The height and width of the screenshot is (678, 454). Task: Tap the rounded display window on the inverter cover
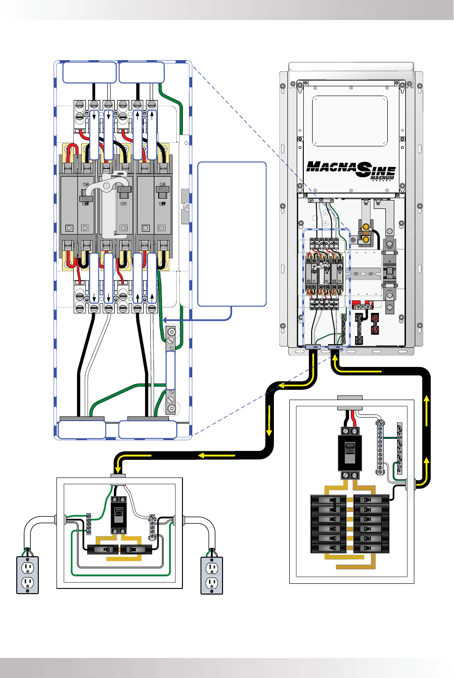point(349,121)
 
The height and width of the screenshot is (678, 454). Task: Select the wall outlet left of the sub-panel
point(28,575)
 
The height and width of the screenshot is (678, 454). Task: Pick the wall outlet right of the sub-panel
point(212,575)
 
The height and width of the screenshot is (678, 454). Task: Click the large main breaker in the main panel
point(349,453)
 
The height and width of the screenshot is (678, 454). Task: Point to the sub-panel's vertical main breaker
point(119,515)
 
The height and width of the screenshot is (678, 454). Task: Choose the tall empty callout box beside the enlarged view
point(232,234)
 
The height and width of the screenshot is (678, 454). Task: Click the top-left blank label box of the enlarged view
point(90,72)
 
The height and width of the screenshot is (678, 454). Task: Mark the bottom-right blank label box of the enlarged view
point(148,429)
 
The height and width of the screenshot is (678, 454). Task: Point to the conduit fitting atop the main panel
point(349,398)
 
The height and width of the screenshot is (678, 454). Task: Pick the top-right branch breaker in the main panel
point(371,500)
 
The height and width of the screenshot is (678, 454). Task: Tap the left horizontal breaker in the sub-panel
point(103,549)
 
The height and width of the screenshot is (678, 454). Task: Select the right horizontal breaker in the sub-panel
point(136,549)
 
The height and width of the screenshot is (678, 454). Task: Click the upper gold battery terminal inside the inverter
point(366,228)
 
